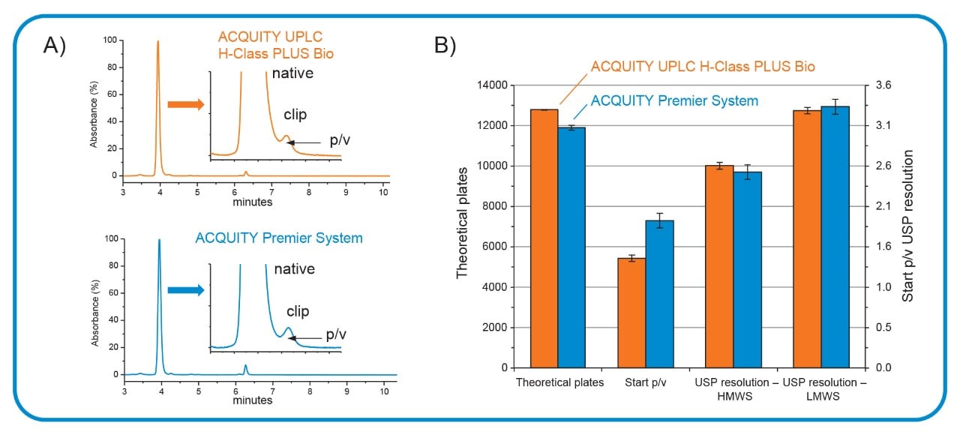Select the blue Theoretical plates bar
point(571,247)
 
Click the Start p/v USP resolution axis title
point(909,225)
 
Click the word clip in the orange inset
point(295,115)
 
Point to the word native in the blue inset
point(294,269)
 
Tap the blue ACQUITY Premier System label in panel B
point(674,100)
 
